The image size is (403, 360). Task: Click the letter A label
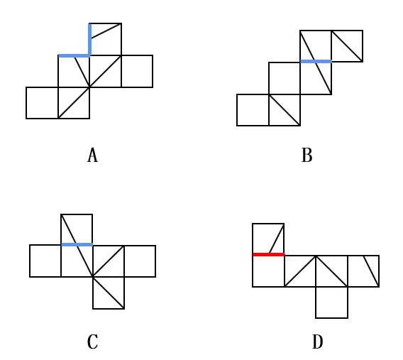(92, 155)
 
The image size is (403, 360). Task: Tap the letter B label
(307, 155)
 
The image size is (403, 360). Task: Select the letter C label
(92, 342)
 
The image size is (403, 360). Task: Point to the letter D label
(318, 342)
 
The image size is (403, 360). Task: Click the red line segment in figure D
(269, 255)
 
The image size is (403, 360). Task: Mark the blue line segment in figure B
(316, 62)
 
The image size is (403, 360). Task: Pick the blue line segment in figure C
(77, 244)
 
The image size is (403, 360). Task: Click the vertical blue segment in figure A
(89, 39)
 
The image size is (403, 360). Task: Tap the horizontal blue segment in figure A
(74, 55)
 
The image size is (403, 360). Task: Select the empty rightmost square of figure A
(137, 71)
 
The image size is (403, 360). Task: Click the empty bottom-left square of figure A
(42, 103)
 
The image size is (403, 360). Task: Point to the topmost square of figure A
(106, 39)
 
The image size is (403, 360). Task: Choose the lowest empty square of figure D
(331, 302)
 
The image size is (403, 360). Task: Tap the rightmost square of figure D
(363, 271)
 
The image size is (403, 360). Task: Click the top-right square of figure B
(347, 46)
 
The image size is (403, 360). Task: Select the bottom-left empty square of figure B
(253, 110)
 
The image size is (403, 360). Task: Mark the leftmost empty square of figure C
(45, 261)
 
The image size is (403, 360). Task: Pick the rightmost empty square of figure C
(140, 261)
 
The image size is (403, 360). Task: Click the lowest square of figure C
(109, 293)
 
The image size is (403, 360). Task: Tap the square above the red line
(268, 239)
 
